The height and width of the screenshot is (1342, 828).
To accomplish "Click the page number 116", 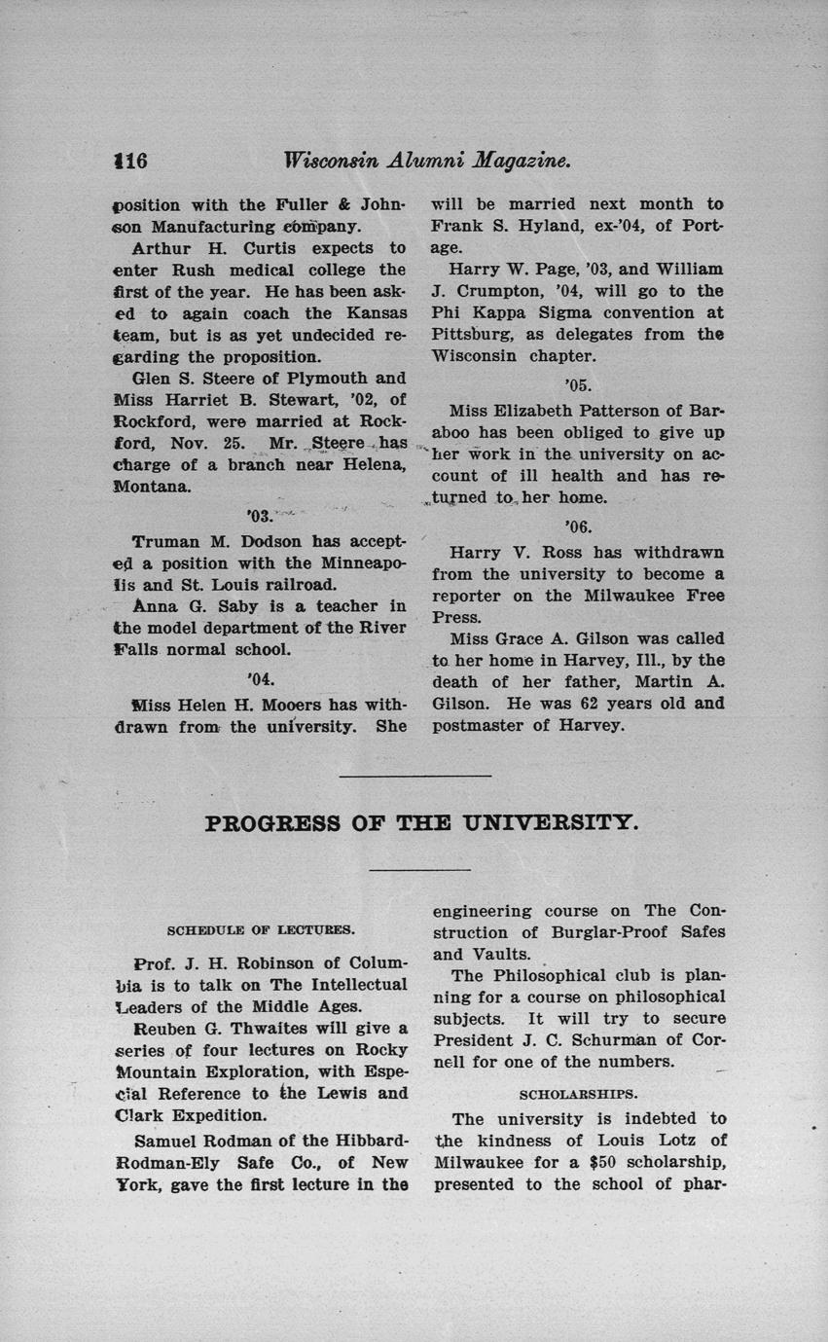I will click(129, 161).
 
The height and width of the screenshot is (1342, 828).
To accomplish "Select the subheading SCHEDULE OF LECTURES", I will click(262, 929).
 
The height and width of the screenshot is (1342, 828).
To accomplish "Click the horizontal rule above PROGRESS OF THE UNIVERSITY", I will click(414, 776).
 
